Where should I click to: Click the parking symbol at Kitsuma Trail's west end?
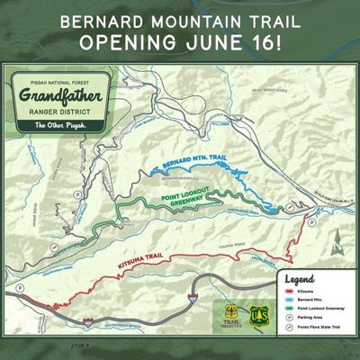pyautogui.click(x=18, y=290)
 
